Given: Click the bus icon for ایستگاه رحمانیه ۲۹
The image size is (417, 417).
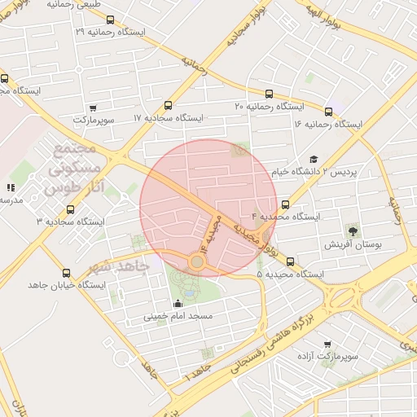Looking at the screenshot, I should click(111, 20).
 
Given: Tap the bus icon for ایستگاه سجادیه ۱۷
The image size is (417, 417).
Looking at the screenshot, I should click(169, 105).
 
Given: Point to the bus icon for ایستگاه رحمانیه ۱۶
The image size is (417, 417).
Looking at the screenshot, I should click(329, 112).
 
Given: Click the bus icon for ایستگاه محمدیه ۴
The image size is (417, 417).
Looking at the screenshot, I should click(285, 204).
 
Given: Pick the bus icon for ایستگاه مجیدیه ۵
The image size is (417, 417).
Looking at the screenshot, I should click(290, 261).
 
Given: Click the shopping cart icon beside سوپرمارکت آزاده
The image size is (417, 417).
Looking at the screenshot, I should click(327, 345).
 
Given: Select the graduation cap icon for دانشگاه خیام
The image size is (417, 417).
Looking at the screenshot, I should click(314, 160).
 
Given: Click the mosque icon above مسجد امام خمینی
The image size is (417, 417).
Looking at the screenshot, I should click(178, 304).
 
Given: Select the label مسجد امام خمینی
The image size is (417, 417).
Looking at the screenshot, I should click(178, 315).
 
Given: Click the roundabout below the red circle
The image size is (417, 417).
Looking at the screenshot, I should click(197, 262).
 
